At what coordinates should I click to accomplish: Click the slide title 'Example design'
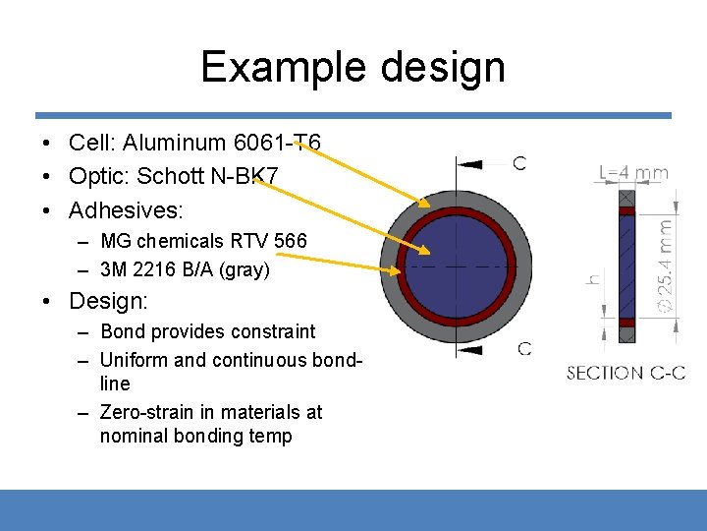(353, 67)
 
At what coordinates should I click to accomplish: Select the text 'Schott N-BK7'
(207, 177)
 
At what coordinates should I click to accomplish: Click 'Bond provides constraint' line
(208, 332)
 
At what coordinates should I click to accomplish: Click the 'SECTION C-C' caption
(625, 373)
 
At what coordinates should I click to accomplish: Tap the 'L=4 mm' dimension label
(633, 173)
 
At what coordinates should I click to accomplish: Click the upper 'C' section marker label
(519, 162)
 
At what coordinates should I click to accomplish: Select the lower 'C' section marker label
(524, 348)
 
